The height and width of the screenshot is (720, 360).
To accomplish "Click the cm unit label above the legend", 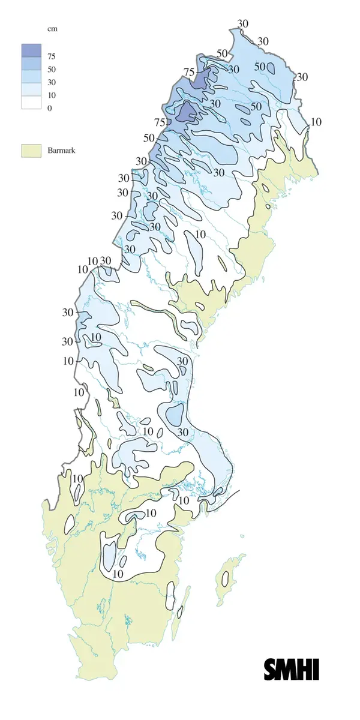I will (52, 28).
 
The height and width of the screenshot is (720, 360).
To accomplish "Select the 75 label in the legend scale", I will (52, 56).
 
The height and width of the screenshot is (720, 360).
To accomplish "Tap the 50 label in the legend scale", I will (52, 70).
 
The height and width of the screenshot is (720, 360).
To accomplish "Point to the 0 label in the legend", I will (50, 108).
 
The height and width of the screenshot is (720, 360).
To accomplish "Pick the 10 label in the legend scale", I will (52, 95).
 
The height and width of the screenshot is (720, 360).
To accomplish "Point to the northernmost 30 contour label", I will (243, 23).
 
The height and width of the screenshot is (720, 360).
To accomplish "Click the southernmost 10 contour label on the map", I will (118, 574).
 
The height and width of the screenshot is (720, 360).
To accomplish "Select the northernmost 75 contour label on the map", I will (189, 72).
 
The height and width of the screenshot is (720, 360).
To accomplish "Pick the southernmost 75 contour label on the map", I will (160, 122).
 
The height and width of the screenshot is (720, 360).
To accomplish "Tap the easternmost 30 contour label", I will (302, 77).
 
